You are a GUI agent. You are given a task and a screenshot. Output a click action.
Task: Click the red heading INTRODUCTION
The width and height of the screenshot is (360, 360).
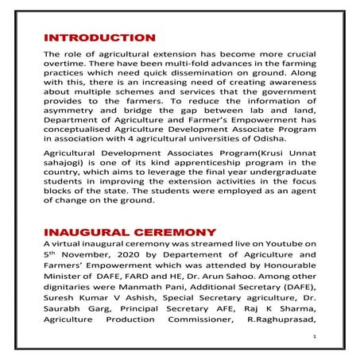[x=99, y=37]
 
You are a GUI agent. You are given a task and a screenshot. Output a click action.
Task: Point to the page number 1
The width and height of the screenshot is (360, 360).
[x=315, y=338]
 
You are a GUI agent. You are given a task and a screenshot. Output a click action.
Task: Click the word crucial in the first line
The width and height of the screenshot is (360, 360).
[x=296, y=54]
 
